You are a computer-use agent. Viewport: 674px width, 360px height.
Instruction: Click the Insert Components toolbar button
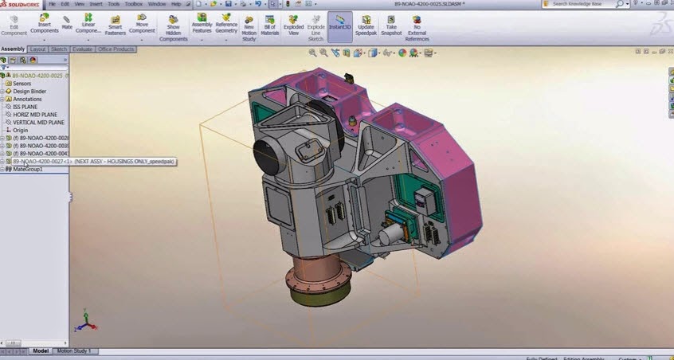coord(45,24)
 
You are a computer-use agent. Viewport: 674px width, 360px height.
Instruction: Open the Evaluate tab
coord(82,49)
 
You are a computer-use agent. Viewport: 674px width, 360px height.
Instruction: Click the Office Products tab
coord(116,49)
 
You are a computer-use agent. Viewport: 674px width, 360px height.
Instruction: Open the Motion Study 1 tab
coord(74,350)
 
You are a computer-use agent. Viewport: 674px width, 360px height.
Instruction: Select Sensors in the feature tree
coord(22,83)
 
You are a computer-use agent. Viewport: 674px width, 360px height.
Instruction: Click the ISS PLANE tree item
coord(25,107)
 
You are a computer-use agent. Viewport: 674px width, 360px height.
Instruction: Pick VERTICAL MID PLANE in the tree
coord(39,123)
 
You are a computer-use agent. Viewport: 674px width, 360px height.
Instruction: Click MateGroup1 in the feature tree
coord(28,169)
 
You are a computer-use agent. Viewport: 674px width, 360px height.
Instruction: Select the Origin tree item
coord(20,130)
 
